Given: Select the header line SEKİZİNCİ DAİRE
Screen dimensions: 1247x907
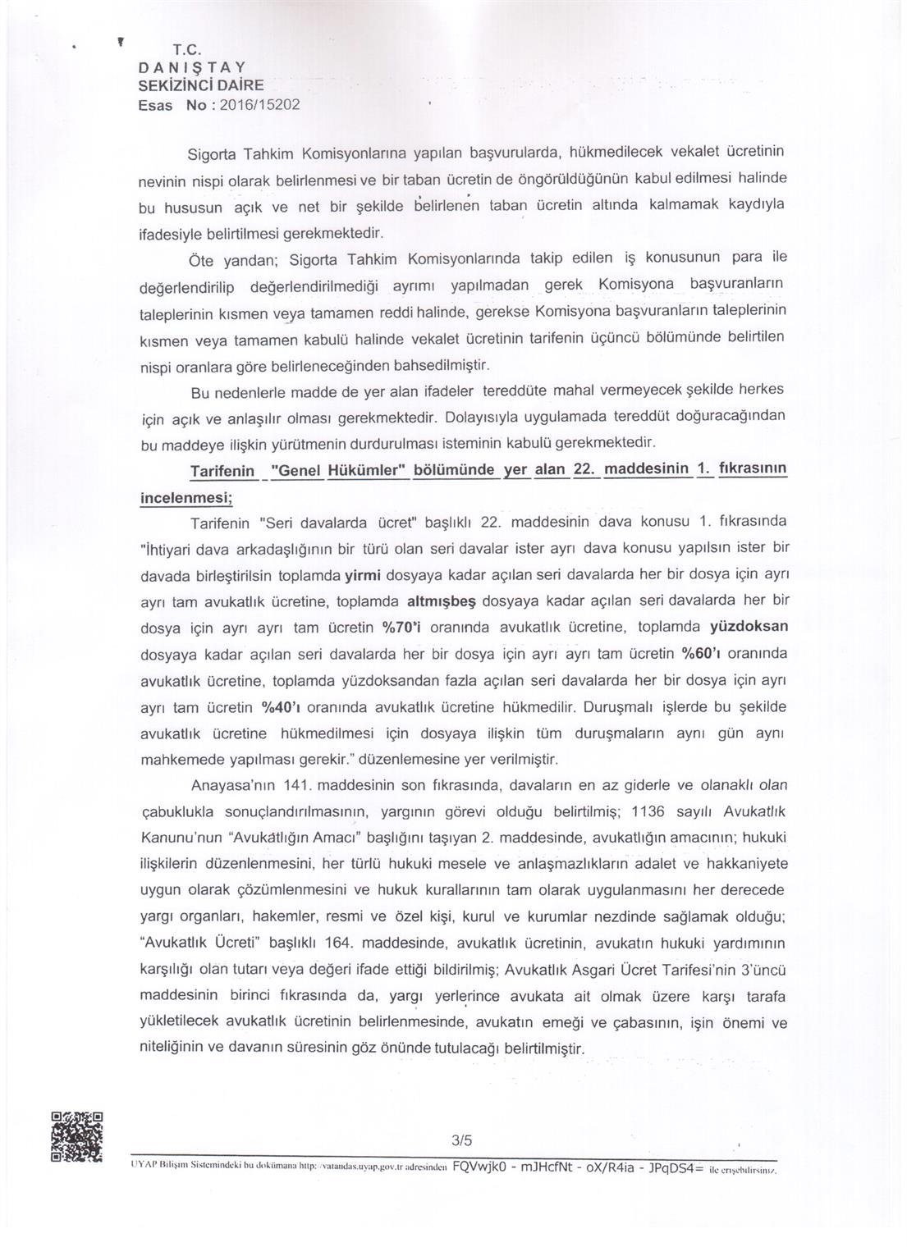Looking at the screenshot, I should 201,85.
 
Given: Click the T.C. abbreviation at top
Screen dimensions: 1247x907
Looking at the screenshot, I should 186,48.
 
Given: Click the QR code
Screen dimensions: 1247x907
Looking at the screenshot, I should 77,1136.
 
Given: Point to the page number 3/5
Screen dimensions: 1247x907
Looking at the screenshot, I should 462,1140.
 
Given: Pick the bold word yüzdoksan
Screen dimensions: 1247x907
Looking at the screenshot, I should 749,627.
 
